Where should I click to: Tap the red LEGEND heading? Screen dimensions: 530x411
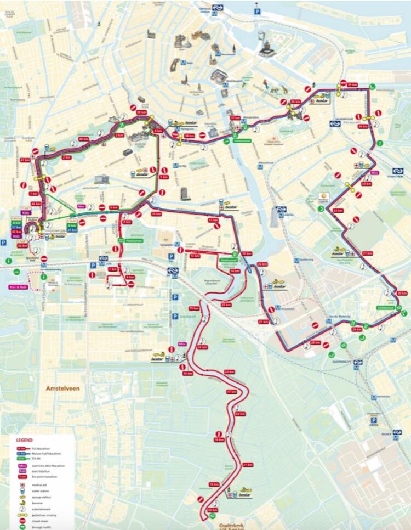[24, 440]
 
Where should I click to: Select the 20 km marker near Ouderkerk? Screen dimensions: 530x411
[213, 510]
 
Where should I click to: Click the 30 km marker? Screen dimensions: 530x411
[402, 293]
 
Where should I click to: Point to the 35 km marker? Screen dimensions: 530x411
[352, 84]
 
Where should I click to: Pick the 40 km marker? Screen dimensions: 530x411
[84, 139]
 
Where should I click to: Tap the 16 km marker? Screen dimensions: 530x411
[188, 373]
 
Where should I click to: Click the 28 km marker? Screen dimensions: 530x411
[315, 342]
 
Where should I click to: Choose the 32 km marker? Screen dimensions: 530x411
[338, 211]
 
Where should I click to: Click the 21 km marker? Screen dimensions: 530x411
[247, 465]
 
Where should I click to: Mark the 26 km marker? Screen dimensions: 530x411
[262, 264]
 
